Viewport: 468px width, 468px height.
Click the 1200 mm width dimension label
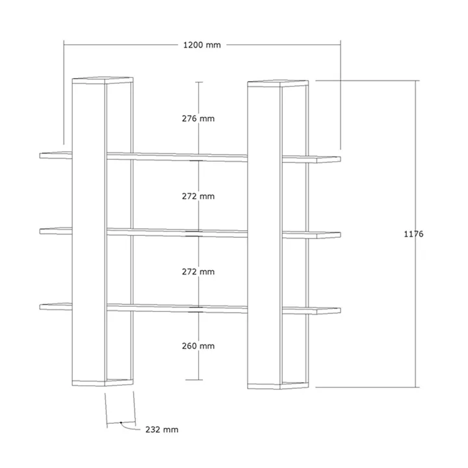click(x=202, y=45)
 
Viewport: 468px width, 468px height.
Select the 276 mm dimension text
click(x=198, y=118)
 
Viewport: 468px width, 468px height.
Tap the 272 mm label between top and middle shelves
click(x=198, y=196)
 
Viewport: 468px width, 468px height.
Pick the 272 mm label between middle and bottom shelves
click(x=198, y=272)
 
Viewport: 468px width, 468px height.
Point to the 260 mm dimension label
click(x=198, y=346)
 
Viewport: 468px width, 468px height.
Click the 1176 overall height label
click(x=413, y=234)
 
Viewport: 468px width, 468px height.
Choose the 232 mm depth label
click(x=162, y=430)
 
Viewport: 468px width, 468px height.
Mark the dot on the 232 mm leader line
click(x=121, y=422)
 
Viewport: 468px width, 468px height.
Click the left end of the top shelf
click(x=40, y=155)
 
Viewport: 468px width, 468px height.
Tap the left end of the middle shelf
click(x=40, y=231)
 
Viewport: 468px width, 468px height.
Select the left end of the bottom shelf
click(x=40, y=307)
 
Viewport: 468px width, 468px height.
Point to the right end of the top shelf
click(x=340, y=159)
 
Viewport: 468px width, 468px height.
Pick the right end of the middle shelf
click(x=340, y=235)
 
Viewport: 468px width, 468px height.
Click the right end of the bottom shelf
click(x=340, y=311)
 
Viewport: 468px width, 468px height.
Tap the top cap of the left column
click(x=103, y=81)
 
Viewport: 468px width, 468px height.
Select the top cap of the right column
click(x=278, y=83)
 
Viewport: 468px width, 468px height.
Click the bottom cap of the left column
click(x=103, y=383)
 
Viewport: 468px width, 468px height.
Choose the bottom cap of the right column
click(x=278, y=385)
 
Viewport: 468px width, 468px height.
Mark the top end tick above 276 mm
click(x=199, y=82)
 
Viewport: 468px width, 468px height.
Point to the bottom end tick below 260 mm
click(x=194, y=380)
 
